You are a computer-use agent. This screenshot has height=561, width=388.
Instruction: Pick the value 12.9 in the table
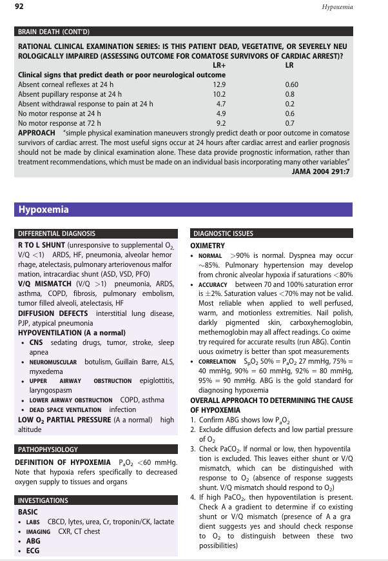(x=220, y=84)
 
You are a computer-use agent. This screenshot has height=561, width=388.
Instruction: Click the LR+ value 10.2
(x=220, y=94)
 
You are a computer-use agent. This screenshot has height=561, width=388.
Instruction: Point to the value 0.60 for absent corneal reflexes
(x=291, y=84)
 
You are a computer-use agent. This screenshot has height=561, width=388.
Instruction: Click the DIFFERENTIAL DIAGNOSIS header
(x=57, y=233)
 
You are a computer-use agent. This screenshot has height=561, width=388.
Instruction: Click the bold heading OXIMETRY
(x=208, y=246)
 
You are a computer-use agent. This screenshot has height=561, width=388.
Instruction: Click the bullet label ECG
(x=32, y=550)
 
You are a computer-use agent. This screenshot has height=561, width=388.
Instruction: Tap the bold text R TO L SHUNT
(x=41, y=246)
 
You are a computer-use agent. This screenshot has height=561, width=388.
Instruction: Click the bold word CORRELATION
(x=217, y=362)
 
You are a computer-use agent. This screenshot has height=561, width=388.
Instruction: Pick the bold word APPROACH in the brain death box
(x=37, y=132)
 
